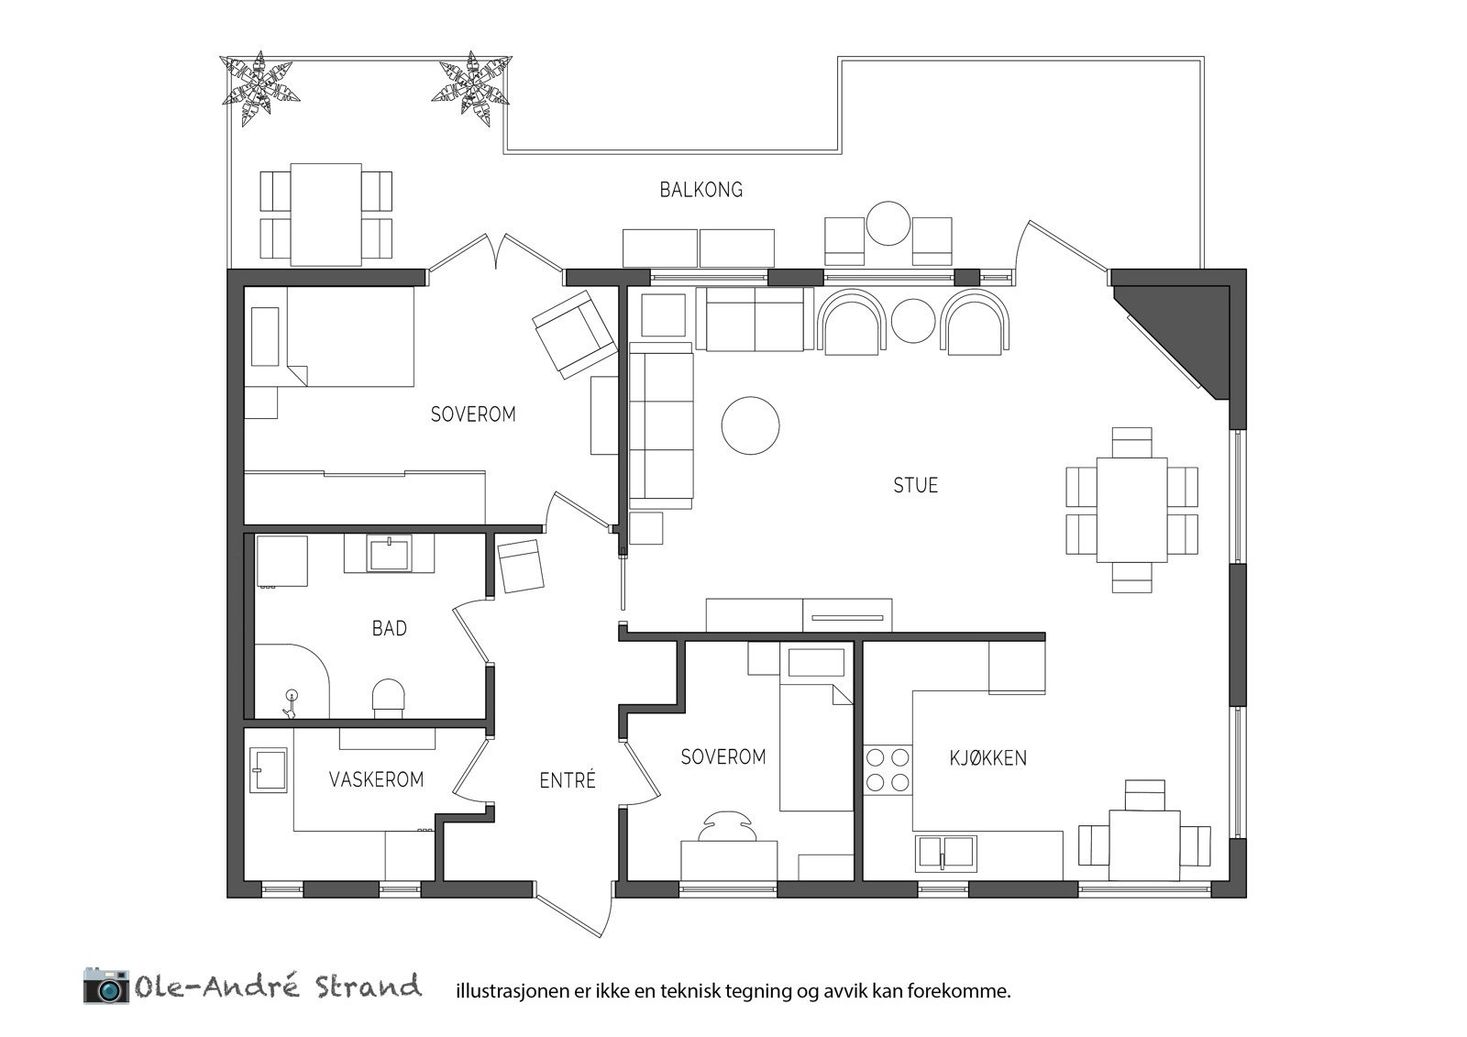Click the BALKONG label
pyautogui.click(x=700, y=190)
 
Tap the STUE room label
pyautogui.click(x=916, y=485)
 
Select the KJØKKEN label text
pyautogui.click(x=987, y=758)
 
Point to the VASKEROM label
pyautogui.click(x=376, y=779)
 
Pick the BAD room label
pyautogui.click(x=389, y=629)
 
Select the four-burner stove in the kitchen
pyautogui.click(x=888, y=769)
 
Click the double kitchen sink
pyautogui.click(x=945, y=854)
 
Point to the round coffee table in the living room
pyautogui.click(x=751, y=425)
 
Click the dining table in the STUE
pyautogui.click(x=1131, y=510)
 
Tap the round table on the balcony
pyautogui.click(x=888, y=224)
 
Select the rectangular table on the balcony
pyautogui.click(x=326, y=215)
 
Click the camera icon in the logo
pyautogui.click(x=106, y=986)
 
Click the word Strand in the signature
pyautogui.click(x=368, y=986)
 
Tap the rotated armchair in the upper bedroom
pyautogui.click(x=574, y=335)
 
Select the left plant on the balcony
pyautogui.click(x=260, y=88)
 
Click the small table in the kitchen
pyautogui.click(x=1144, y=845)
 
